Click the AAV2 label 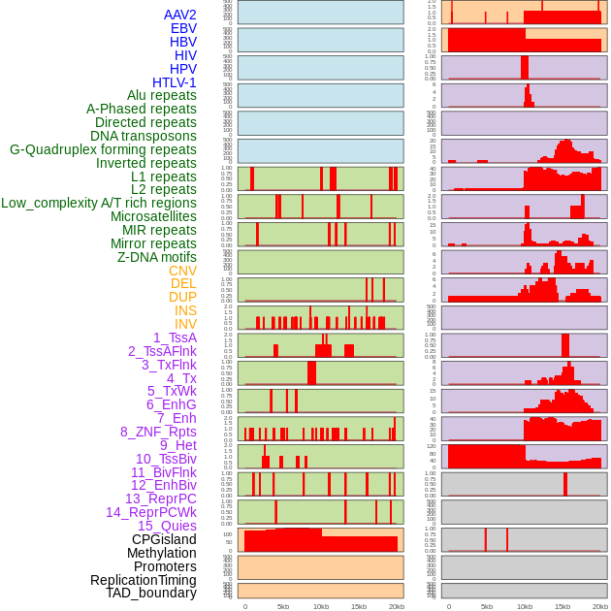click(180, 16)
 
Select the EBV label click(183, 29)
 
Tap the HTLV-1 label click(175, 82)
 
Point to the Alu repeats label click(162, 96)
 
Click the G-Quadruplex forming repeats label click(103, 150)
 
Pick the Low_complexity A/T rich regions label click(99, 204)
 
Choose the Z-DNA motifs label click(157, 257)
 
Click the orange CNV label click(182, 271)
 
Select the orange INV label click(185, 324)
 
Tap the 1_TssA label click(175, 338)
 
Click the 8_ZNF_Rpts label click(158, 432)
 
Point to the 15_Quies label click(167, 526)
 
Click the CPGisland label click(164, 539)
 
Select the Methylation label click(162, 553)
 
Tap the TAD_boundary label click(151, 593)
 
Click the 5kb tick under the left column click(283, 606)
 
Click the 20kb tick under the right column click(600, 606)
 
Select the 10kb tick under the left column click(321, 606)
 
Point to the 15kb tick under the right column click(563, 606)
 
